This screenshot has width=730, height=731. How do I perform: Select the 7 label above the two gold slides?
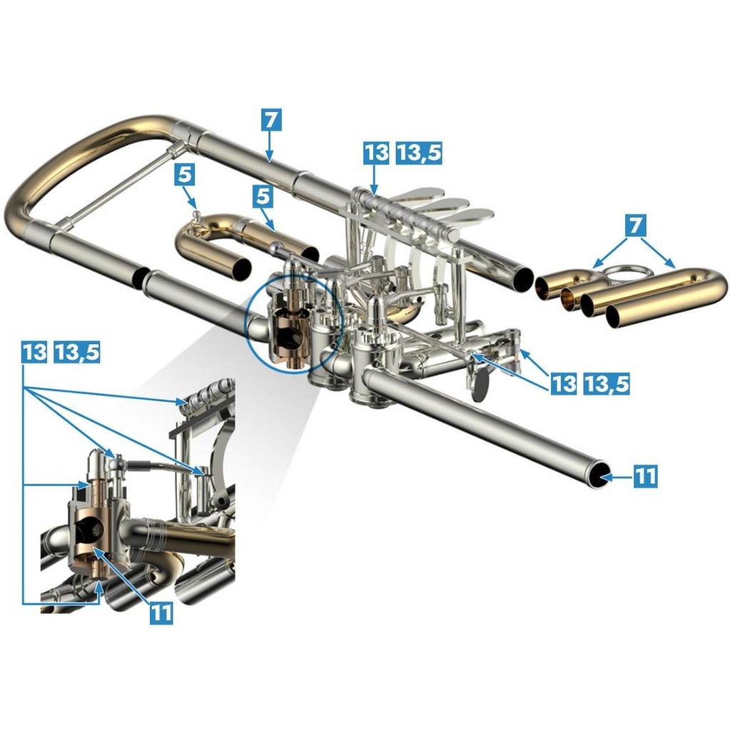click(637, 226)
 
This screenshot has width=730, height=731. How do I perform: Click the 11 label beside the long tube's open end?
click(645, 475)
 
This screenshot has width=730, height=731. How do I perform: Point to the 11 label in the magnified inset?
click(161, 612)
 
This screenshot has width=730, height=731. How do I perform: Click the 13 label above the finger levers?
click(376, 151)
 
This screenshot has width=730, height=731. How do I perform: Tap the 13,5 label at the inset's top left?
click(77, 351)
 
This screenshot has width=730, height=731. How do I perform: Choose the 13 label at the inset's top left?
click(34, 351)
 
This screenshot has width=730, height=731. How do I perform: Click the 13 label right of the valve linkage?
click(564, 383)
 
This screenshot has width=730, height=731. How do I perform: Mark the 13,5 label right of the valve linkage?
click(607, 383)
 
